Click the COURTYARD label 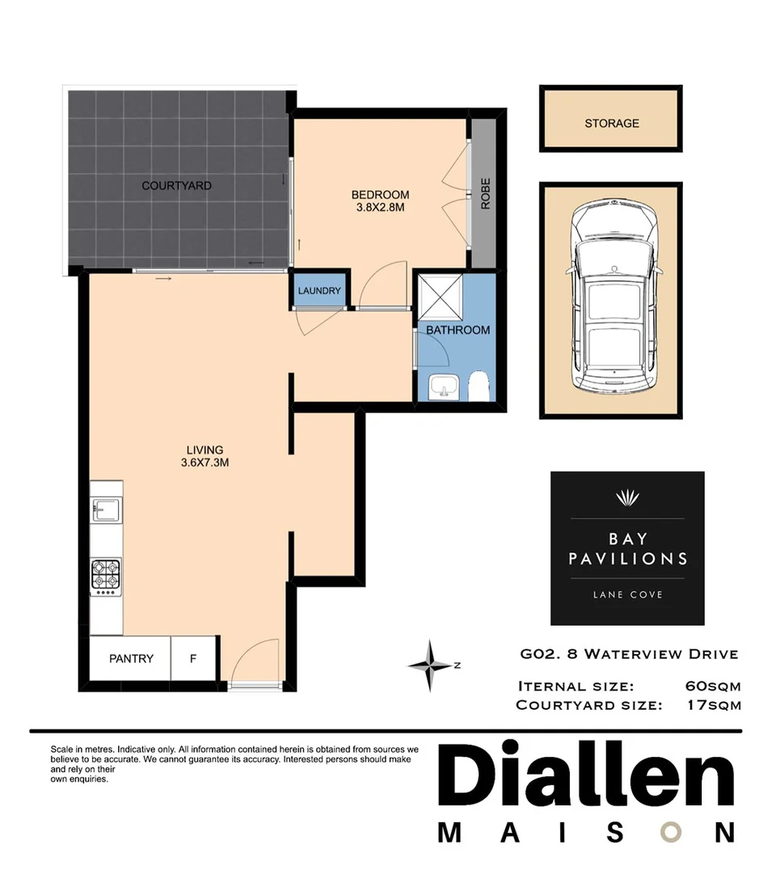[x=176, y=186]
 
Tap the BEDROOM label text [x=380, y=195]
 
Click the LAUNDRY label [x=320, y=292]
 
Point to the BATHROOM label [x=457, y=330]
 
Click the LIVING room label [x=204, y=450]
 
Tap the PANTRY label [x=131, y=658]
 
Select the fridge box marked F [x=192, y=658]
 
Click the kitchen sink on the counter [x=107, y=510]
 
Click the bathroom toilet [x=479, y=387]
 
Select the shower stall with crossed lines [x=439, y=297]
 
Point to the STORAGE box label [x=611, y=124]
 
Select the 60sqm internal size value [x=712, y=686]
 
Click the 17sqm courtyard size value [x=712, y=705]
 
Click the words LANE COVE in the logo [x=627, y=594]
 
